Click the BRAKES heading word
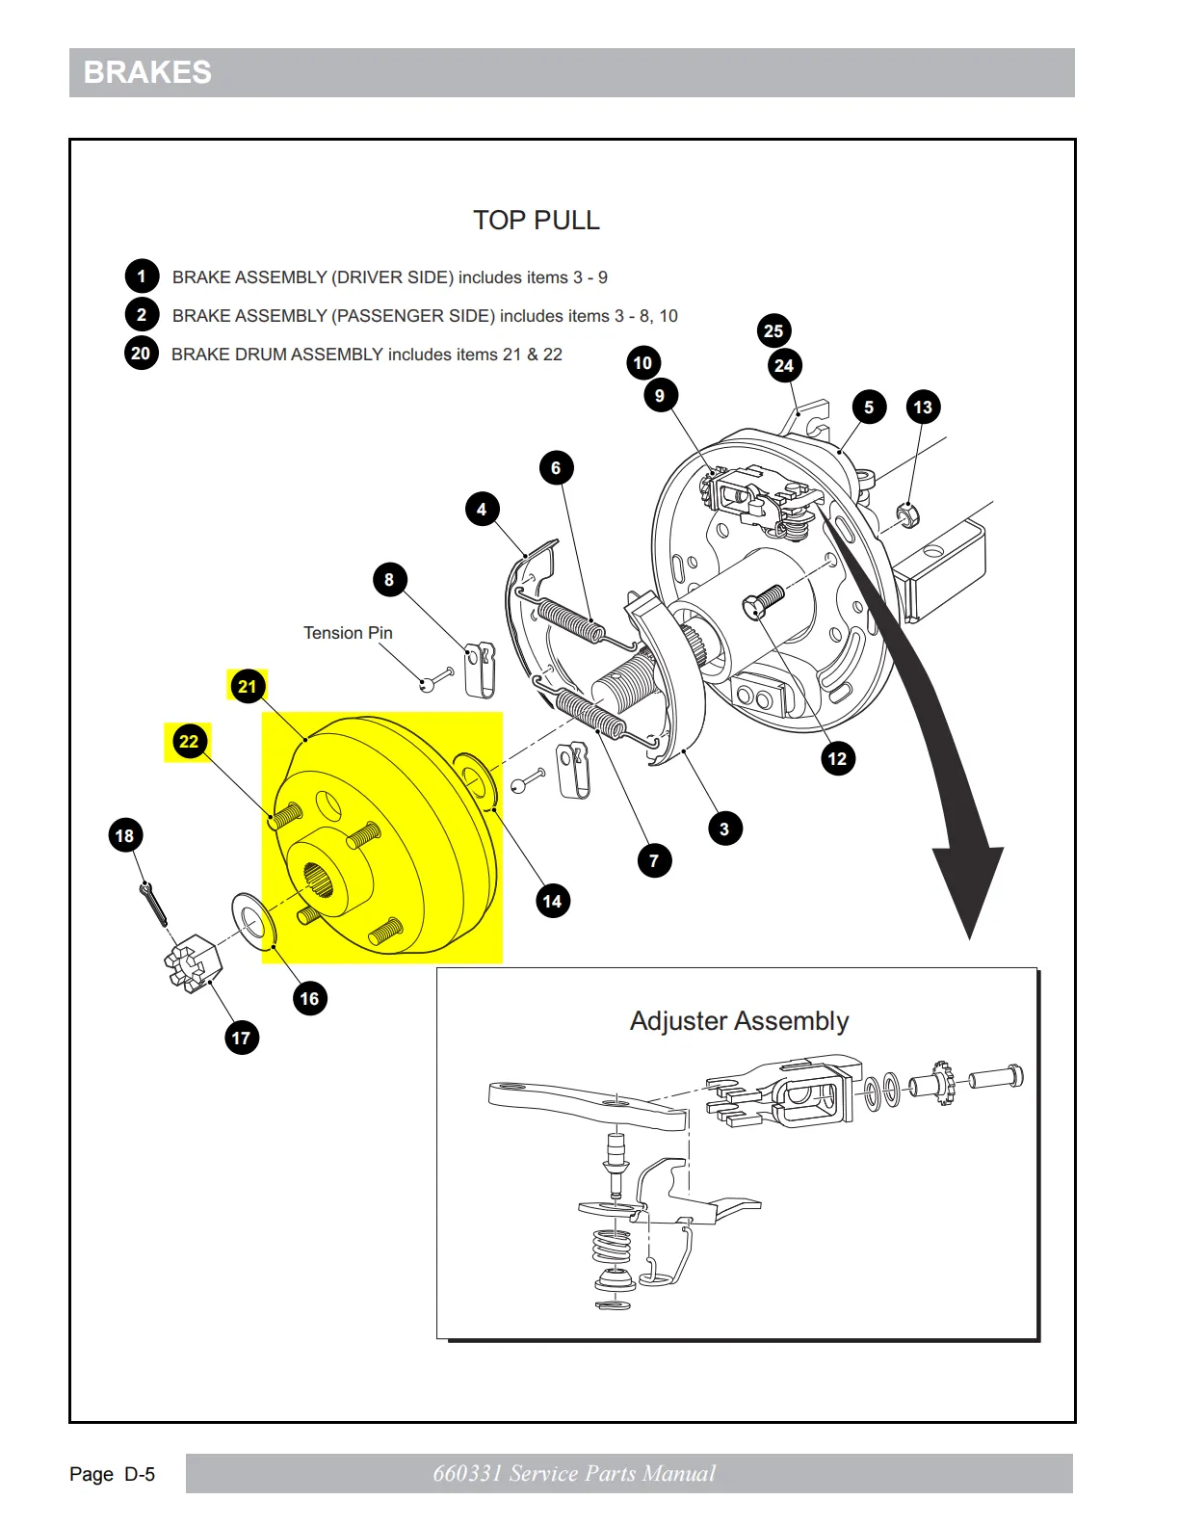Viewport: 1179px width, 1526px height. coord(147,72)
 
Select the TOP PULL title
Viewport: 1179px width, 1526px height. coord(536,221)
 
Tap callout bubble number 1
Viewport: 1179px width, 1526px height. coord(142,276)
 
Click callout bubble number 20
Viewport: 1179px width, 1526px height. coord(141,354)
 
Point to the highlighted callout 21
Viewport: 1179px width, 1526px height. coord(248,686)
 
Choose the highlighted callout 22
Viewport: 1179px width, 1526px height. coord(189,742)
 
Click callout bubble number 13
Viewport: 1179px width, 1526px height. coord(923,407)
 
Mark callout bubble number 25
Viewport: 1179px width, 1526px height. coord(773,331)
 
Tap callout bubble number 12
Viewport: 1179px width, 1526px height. coord(837,758)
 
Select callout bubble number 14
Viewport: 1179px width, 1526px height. coord(552,901)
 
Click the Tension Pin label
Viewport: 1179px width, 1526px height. coord(348,633)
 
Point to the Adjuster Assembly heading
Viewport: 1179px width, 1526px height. coord(739,1021)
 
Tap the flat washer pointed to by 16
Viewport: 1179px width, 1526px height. coord(253,919)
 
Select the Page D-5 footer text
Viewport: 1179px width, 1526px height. coord(112,1474)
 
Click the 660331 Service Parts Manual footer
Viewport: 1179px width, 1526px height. coord(574,1474)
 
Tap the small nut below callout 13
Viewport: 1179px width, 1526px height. coord(907,514)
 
